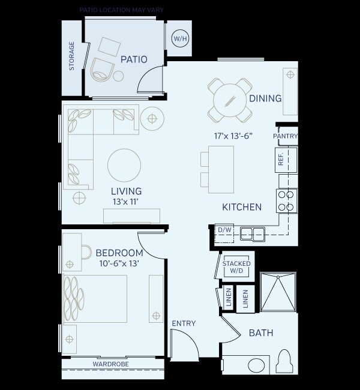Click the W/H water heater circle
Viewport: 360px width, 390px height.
pos(179,39)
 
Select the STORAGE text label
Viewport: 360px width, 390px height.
pos(72,56)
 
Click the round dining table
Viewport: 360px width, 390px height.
pos(228,99)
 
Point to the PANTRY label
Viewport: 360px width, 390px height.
pos(285,136)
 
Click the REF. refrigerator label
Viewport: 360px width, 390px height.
pos(280,159)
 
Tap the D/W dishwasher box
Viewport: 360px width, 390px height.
pos(224,230)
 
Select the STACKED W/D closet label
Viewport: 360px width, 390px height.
pos(236,268)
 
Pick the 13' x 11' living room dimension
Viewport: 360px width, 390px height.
pos(126,203)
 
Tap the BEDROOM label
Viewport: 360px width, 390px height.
pos(119,253)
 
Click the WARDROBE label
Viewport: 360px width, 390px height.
pos(112,364)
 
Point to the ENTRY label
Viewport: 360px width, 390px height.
pos(184,323)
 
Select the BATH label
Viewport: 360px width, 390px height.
pos(261,332)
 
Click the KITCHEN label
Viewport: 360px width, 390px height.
pos(242,207)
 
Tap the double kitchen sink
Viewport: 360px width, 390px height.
pos(253,233)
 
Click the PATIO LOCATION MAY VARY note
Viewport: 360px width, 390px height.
pos(122,10)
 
